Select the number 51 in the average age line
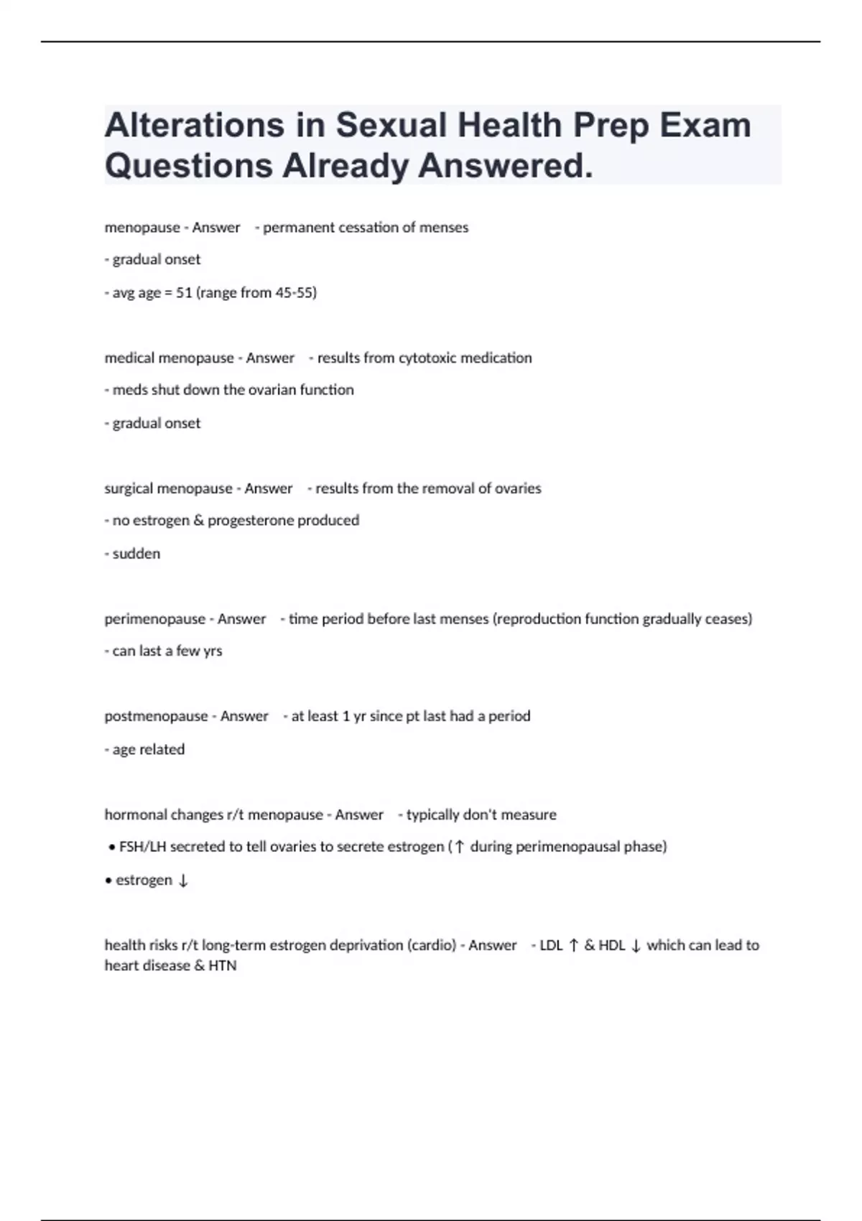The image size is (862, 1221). point(184,292)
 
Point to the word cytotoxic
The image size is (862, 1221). point(427,358)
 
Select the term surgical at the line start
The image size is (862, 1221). point(128,488)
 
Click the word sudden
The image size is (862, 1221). point(136,554)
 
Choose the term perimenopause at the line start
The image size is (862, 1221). point(154,619)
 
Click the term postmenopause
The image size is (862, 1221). point(156,716)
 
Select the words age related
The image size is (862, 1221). point(149,749)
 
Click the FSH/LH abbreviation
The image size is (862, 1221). point(142,847)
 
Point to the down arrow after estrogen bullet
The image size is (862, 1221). point(183,881)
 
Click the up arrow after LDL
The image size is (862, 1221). point(573,945)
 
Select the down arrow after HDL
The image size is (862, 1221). point(636,945)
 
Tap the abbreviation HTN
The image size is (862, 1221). point(223,965)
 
